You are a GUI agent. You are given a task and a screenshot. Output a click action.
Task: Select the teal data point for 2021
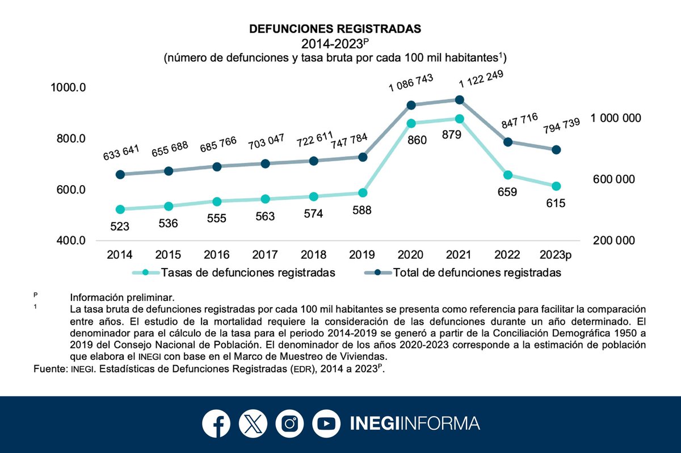460,119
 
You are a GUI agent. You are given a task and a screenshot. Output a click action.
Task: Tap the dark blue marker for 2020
411,105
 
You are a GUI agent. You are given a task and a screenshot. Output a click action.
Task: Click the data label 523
120,226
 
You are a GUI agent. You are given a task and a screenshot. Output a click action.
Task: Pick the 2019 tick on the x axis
362,255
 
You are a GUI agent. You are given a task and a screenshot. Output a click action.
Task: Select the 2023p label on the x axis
556,255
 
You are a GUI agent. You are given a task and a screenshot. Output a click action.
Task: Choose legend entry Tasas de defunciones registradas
248,272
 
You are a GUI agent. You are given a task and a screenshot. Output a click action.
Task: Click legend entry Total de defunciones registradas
477,272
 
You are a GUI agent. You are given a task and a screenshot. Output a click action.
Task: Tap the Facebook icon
216,423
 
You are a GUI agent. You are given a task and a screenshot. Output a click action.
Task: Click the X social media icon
253,423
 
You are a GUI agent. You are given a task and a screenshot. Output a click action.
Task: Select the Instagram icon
289,423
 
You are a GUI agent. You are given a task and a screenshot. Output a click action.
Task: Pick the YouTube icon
326,423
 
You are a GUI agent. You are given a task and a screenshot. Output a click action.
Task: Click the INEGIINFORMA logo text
414,423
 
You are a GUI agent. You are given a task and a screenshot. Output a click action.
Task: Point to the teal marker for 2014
120,209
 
